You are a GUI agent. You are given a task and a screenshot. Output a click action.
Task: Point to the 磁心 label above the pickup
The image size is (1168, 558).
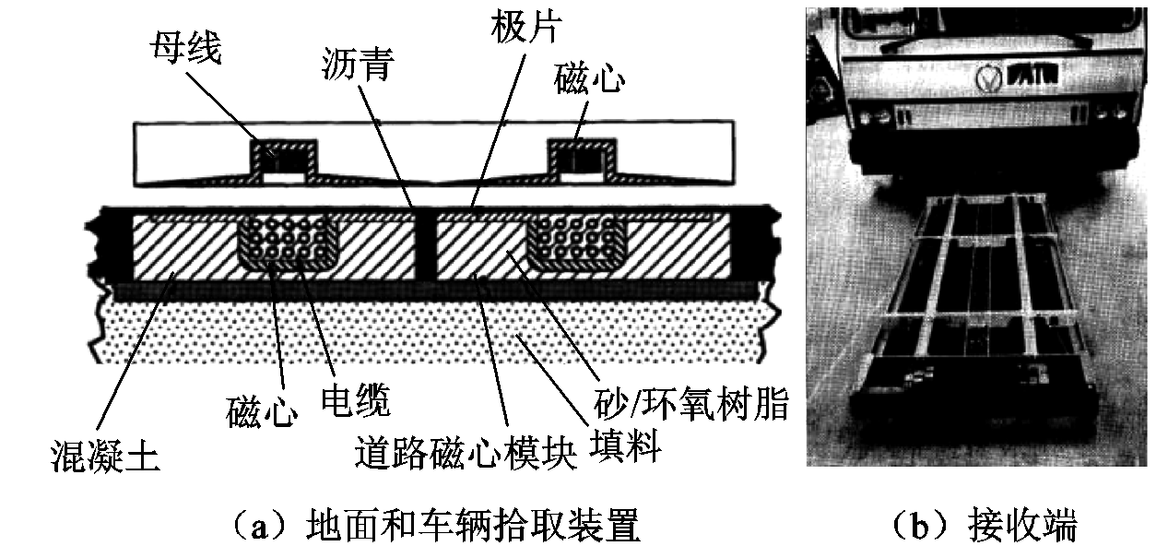[590, 83]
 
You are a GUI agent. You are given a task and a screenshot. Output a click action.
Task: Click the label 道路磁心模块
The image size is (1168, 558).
[466, 453]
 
